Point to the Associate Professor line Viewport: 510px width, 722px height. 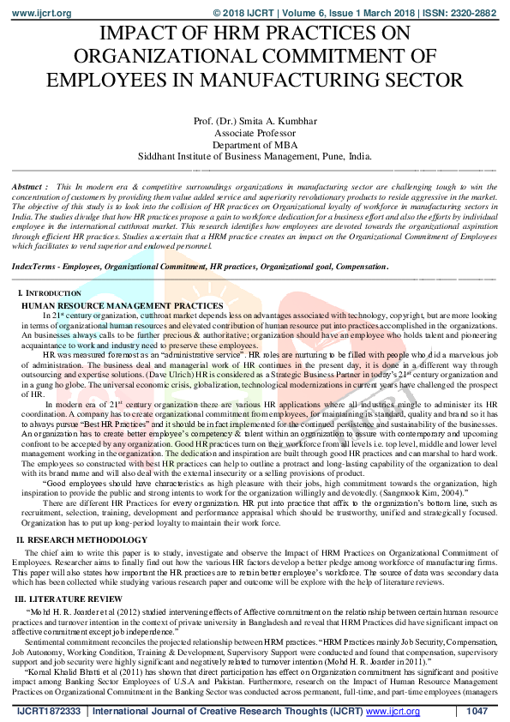pyautogui.click(x=255, y=133)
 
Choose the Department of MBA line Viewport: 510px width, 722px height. pyautogui.click(x=255, y=145)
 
